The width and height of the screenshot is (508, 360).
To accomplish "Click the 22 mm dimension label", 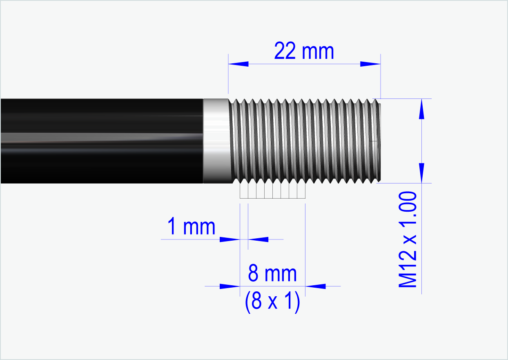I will coord(304,51).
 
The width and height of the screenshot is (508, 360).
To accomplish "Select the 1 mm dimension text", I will coord(191,227).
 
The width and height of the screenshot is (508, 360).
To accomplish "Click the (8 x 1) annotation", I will coord(272,302).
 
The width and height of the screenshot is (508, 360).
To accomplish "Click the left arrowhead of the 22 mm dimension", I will coord(238,64).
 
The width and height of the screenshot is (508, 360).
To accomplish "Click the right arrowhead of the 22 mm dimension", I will coord(370,64).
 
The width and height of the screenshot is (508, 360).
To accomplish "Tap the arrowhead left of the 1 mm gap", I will coord(229,239).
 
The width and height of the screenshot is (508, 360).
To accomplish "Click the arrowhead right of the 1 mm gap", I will coord(258,239).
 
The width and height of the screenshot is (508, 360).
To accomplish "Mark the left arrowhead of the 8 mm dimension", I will coord(229,286).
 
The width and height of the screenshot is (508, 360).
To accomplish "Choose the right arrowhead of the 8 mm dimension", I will coord(316,286).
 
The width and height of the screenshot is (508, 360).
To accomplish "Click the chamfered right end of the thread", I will coord(378,141).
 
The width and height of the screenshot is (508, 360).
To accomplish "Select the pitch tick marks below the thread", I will coord(272,191).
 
